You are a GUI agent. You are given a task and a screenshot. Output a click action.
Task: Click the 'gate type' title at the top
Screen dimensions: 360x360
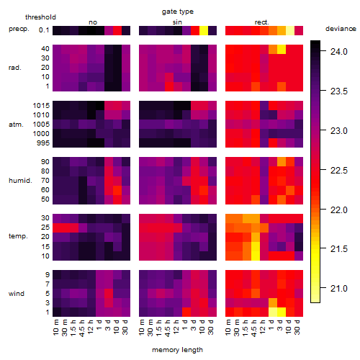178,12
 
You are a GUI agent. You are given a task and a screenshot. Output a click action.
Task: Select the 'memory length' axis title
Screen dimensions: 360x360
177,350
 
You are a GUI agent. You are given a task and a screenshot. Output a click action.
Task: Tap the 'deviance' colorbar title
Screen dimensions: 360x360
341,29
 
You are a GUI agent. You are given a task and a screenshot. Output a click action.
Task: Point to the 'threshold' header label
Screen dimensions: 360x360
40,17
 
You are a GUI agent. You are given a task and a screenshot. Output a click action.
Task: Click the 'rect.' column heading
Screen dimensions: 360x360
262,22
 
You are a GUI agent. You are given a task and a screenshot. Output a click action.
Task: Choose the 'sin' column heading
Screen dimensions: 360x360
177,22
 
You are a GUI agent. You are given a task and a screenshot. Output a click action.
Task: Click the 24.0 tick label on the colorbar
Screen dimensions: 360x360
339,52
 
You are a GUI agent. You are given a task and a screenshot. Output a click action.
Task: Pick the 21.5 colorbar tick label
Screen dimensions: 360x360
339,249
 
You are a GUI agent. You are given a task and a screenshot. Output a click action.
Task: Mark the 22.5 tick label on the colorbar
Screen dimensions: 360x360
339,171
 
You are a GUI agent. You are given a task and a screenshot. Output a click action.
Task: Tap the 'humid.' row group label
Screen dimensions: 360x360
20,181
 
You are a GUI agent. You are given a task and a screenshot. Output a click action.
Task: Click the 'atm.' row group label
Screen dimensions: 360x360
16,125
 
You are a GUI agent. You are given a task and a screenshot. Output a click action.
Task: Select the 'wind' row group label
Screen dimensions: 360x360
17,294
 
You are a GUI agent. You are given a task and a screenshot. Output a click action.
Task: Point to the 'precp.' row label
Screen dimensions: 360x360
19,29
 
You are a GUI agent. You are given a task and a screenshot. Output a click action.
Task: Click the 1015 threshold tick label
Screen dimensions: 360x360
41,106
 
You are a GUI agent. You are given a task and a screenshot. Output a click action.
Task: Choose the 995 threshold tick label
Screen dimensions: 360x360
43,143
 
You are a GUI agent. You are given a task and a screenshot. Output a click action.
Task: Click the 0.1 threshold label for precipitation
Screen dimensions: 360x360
44,30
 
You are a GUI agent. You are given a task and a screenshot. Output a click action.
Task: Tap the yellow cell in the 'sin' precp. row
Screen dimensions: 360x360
204,30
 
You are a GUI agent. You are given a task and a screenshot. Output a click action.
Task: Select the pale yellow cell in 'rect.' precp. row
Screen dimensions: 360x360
290,30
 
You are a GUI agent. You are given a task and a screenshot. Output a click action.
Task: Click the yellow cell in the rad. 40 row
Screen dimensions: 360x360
282,49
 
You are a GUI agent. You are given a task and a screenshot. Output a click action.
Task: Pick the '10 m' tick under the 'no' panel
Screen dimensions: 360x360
56,327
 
